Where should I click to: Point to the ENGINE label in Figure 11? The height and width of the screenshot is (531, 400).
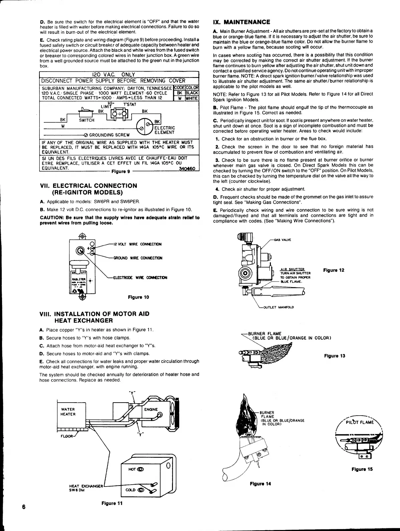[x=151, y=409]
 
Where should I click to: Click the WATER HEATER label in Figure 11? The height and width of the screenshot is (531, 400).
[x=68, y=412]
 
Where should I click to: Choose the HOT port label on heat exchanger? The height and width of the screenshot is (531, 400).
[x=132, y=469]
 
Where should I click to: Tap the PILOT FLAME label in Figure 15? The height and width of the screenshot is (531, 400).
[x=359, y=422]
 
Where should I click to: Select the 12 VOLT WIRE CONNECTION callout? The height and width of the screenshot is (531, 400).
[x=138, y=244]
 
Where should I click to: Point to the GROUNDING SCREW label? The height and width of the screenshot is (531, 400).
[x=109, y=135]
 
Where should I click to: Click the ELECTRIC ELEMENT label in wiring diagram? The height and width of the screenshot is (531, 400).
[x=165, y=130]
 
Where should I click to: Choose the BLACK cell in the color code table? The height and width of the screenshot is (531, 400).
[x=192, y=93]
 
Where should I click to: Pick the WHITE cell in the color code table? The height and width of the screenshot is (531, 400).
[x=192, y=98]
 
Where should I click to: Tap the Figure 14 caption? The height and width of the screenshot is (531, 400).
[x=260, y=484]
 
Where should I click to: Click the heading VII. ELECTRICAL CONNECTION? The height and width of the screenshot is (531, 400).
[x=88, y=186]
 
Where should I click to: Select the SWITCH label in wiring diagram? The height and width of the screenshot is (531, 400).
[x=86, y=120]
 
